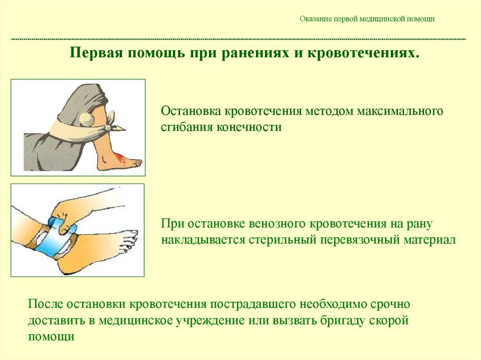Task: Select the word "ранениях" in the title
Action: coord(255,53)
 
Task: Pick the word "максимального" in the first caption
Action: coord(400,111)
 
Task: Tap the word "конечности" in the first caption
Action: coord(249,127)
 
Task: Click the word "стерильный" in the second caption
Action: coord(283,239)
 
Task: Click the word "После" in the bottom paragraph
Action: coord(46,304)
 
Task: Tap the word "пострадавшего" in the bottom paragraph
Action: coord(253,305)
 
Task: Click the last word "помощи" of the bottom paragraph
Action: coord(51,337)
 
